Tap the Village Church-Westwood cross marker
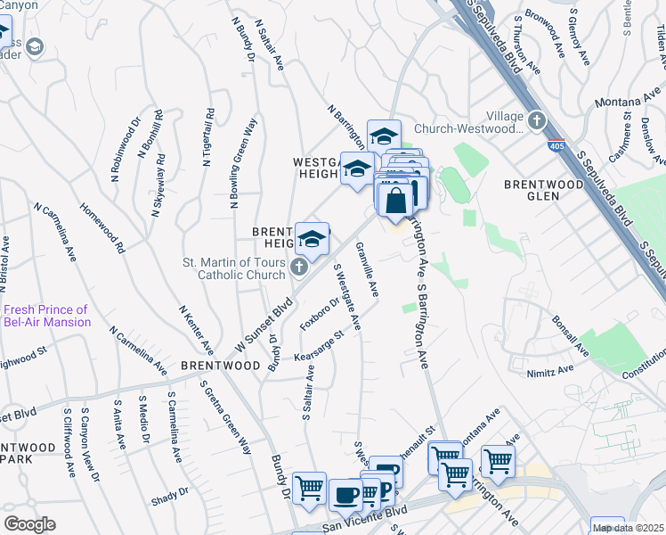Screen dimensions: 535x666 536,119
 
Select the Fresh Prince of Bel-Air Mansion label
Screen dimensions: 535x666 46,316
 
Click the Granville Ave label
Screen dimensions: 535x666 368,269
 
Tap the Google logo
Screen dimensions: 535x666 29,523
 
